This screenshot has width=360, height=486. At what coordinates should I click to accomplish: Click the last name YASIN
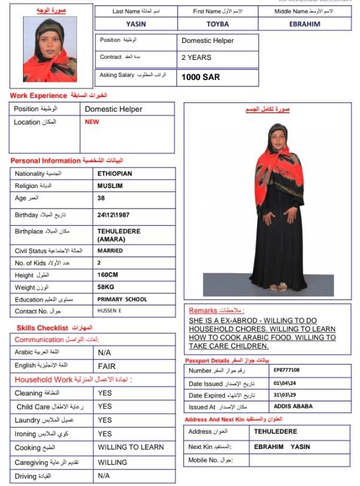tap(136, 24)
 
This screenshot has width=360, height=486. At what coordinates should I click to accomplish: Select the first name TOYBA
tap(218, 24)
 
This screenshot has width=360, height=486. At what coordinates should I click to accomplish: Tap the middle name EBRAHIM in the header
tap(304, 24)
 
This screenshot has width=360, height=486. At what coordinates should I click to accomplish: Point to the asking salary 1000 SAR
tap(200, 77)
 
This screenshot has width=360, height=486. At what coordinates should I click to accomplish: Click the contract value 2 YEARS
tap(196, 58)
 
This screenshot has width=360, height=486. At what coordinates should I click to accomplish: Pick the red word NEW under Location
tap(92, 122)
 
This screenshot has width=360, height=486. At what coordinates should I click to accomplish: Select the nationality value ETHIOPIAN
tap(115, 174)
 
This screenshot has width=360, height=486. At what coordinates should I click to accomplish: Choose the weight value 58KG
tap(106, 287)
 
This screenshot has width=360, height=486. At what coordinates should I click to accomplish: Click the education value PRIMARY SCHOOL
tap(122, 299)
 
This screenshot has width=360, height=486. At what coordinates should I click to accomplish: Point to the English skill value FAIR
tap(106, 366)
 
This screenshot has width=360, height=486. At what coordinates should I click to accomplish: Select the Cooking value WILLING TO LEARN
tap(131, 447)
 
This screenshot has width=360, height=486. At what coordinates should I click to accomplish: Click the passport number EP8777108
tap(286, 370)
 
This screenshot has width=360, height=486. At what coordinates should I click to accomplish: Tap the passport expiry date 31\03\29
tap(285, 395)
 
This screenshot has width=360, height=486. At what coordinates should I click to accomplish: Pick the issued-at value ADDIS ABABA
tap(293, 407)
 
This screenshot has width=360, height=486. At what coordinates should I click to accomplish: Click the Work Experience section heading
tap(39, 95)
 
